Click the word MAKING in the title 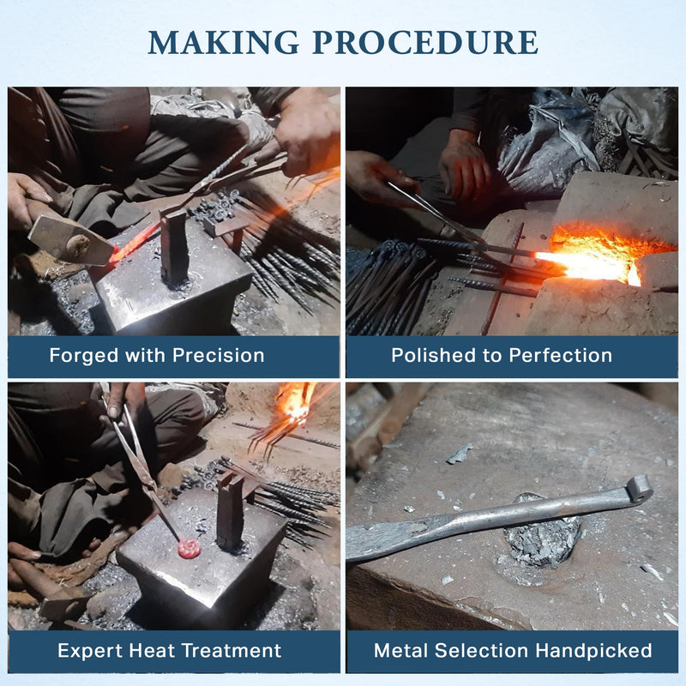224,42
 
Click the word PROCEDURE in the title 425,42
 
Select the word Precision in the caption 219,355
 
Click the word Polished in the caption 433,355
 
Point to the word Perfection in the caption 561,355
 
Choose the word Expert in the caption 90,651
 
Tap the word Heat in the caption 152,651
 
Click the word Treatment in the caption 232,651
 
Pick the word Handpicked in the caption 593,651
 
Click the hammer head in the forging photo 71,241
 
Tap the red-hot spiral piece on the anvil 189,549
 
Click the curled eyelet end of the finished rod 639,489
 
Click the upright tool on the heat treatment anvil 230,513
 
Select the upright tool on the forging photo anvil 174,246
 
